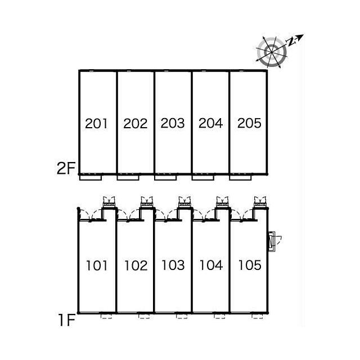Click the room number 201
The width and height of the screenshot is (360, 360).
(x=97, y=123)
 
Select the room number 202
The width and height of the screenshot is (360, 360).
(x=135, y=123)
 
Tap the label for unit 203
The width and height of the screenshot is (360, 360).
(x=173, y=123)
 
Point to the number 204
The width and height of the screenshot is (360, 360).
(x=211, y=123)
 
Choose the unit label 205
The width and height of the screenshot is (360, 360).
(x=249, y=123)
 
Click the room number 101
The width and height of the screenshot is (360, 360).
(x=97, y=265)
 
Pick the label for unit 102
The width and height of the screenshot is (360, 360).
(x=135, y=265)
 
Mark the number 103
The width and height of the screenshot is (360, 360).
(x=173, y=265)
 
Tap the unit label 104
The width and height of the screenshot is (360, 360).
(x=211, y=265)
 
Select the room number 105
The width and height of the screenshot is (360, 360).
(x=249, y=265)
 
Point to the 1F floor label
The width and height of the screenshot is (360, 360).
(x=66, y=321)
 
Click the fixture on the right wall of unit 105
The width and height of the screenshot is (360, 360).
(x=274, y=241)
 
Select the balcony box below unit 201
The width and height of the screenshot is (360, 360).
(x=90, y=177)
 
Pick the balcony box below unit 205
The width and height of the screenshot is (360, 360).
(x=241, y=177)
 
